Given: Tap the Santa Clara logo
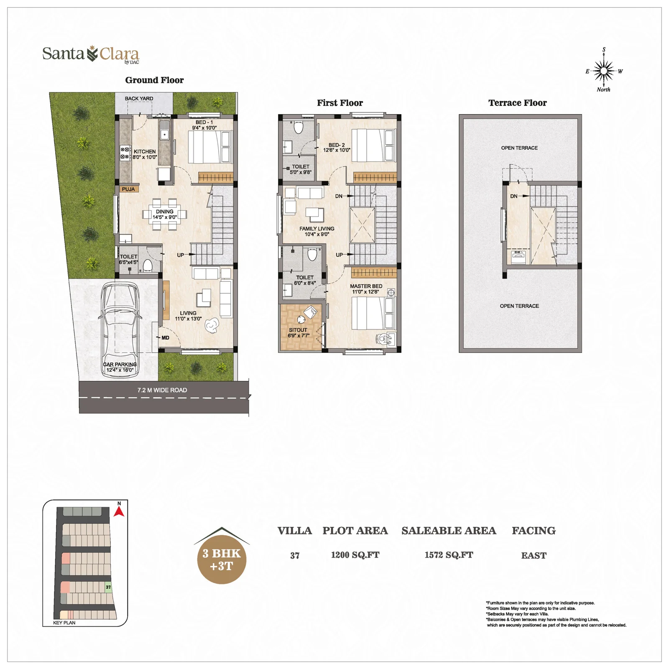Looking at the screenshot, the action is [x=91, y=54].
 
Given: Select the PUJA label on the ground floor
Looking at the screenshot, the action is [x=128, y=189].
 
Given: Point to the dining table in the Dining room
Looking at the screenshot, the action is [x=165, y=214].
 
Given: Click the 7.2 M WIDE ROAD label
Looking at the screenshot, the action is [x=162, y=390].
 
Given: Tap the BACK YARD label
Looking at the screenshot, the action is [x=139, y=99].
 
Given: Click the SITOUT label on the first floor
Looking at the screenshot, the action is [x=298, y=330].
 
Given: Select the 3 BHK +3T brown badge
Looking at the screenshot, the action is [x=222, y=559].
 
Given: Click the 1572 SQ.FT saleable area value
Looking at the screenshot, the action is [x=449, y=555].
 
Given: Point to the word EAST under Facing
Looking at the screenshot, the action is [x=534, y=555].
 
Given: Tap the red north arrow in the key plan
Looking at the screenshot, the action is [x=119, y=511].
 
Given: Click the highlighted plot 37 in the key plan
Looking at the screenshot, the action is [x=108, y=587].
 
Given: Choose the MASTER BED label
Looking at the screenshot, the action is [x=366, y=286].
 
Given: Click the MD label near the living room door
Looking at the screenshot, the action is [x=165, y=338].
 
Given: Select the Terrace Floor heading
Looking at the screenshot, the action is [x=518, y=103].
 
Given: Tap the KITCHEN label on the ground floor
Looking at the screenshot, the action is [x=145, y=152].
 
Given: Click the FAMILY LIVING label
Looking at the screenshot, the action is [x=317, y=229].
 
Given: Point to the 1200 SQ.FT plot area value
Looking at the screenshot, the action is [x=355, y=555].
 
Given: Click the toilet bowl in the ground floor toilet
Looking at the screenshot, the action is [x=148, y=265].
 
